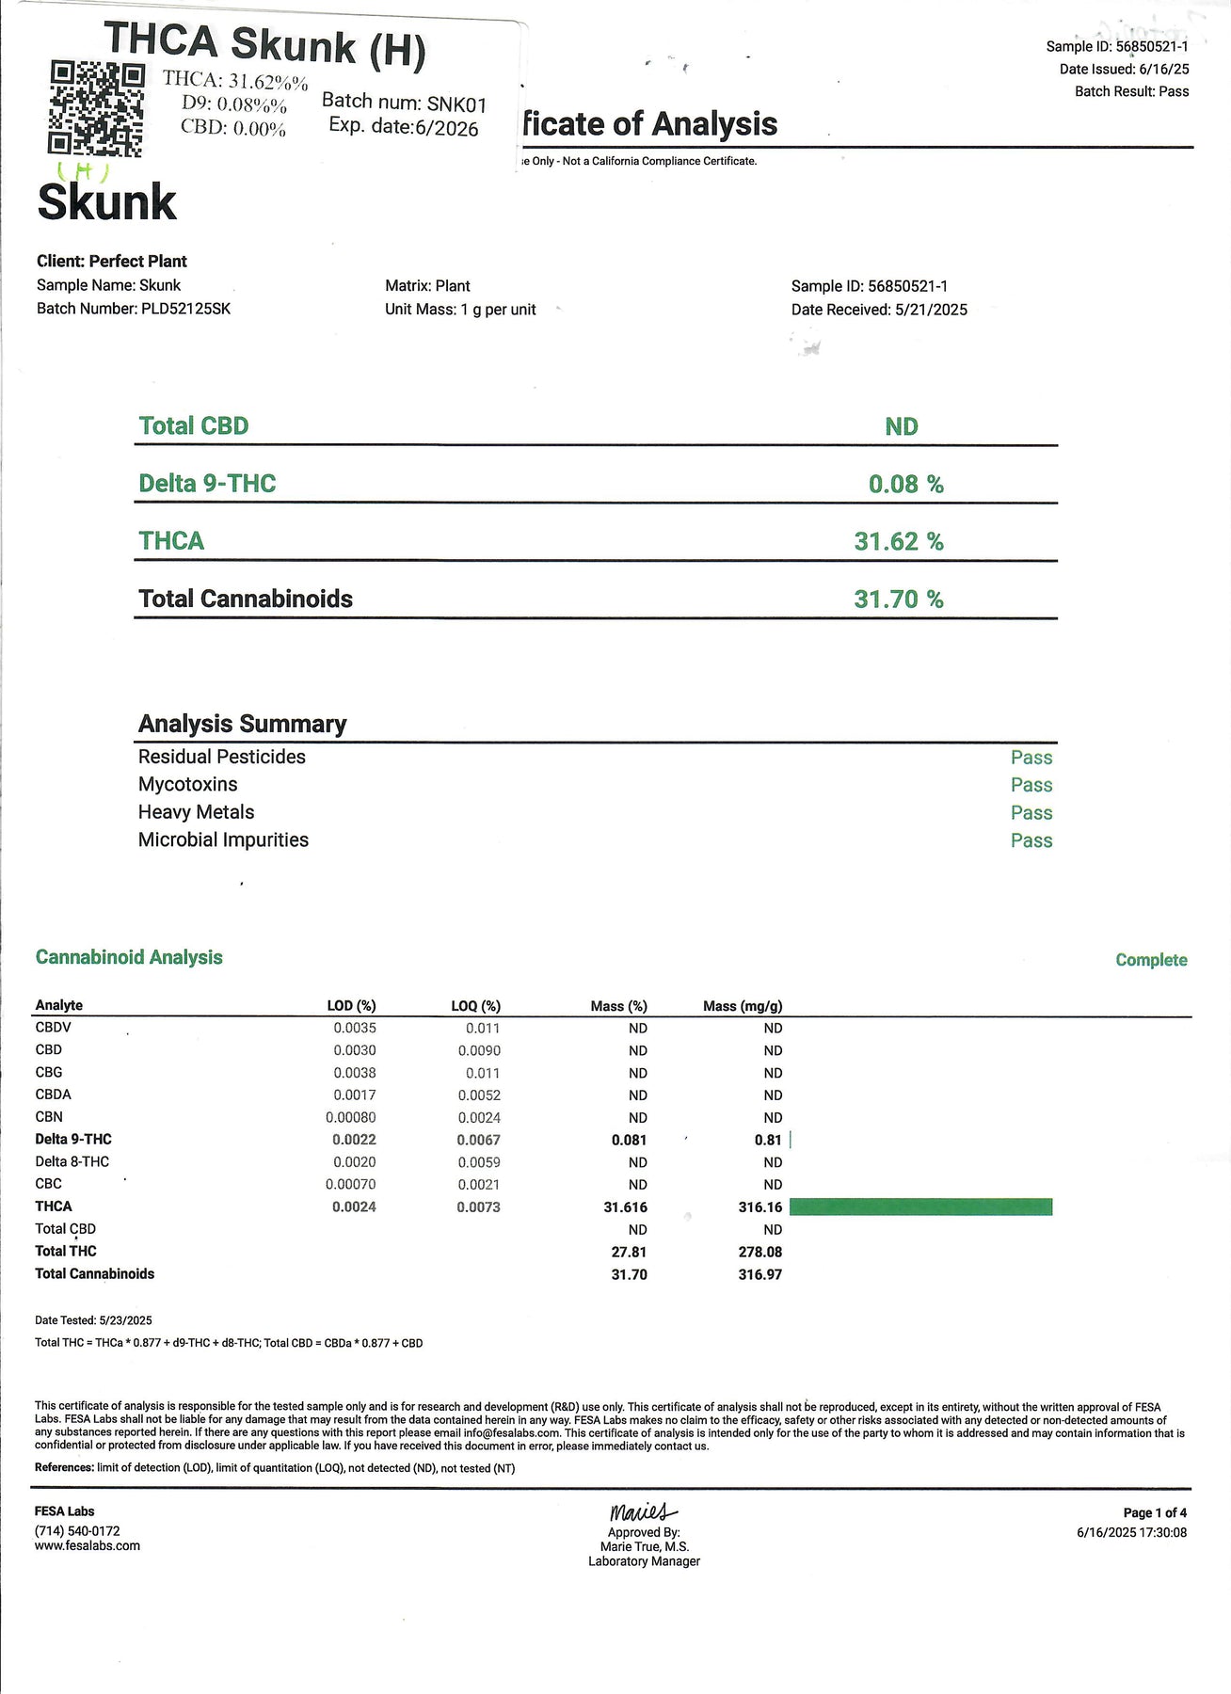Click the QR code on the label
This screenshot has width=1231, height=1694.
pos(96,107)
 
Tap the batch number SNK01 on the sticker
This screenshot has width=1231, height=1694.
pos(456,104)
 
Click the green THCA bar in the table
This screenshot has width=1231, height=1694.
pos(920,1207)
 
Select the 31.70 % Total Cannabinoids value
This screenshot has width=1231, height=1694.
pos(898,599)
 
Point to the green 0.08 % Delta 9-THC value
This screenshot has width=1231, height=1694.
pos(905,485)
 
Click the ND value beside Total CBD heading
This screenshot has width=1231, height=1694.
pos(901,427)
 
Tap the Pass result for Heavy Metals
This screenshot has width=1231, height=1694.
pos(1031,813)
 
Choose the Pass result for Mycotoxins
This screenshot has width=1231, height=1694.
pos(1031,785)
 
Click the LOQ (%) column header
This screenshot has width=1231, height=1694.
pos(475,1006)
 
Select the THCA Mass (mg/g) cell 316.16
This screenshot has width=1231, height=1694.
pos(759,1207)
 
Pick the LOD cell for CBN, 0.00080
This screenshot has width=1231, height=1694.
pos(350,1118)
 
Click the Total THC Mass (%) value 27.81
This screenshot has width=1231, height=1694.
pos(629,1253)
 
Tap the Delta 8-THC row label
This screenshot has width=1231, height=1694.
pos(72,1162)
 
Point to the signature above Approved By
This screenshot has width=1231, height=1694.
pos(643,1512)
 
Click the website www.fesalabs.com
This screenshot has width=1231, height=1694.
pos(88,1545)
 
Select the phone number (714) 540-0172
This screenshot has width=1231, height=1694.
pos(77,1531)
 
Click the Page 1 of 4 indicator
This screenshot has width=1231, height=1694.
pos(1155,1513)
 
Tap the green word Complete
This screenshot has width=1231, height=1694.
pos(1151,960)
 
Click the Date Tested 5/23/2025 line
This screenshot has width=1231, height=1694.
pos(93,1320)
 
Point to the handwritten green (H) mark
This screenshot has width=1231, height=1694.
pos(84,171)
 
